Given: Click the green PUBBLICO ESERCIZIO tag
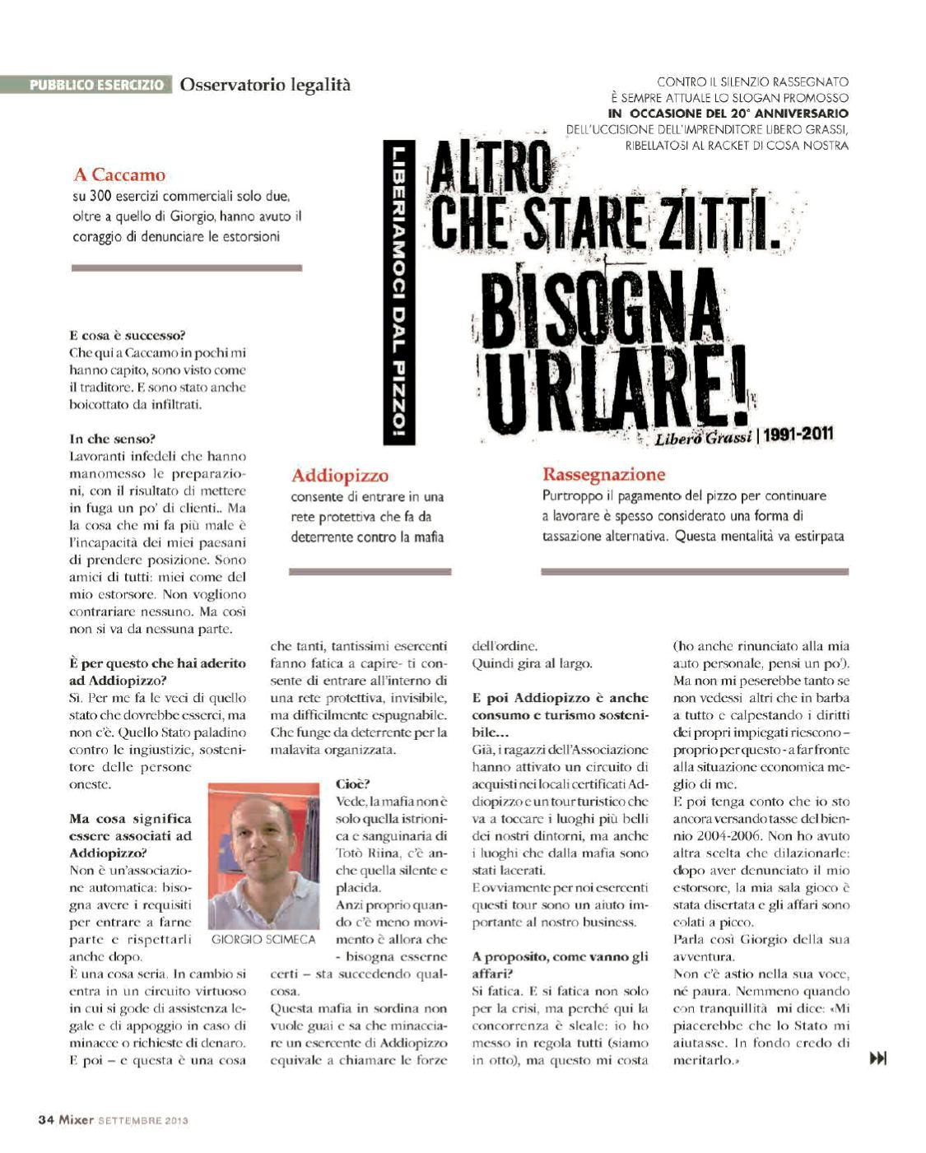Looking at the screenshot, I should pos(96,85).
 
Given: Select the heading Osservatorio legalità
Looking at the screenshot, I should pos(265,84).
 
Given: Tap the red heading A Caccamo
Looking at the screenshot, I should pos(119,174).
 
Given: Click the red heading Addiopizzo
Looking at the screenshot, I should pos(339,475).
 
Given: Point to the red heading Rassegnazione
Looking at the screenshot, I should pos(603,474).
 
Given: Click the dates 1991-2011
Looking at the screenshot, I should pos(798,434).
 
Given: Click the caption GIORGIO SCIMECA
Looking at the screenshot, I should pos(263,939).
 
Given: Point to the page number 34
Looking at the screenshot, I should pos(46,1120).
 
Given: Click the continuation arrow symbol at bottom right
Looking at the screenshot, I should pos(877,1058).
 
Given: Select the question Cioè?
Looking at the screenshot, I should pos(353,783).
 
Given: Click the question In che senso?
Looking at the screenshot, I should pos(112,439).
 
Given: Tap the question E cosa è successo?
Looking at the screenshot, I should pos(128,335).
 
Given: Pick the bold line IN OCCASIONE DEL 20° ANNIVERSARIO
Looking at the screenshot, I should pos(728,113).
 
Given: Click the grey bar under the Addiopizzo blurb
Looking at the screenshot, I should pos(370,571).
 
